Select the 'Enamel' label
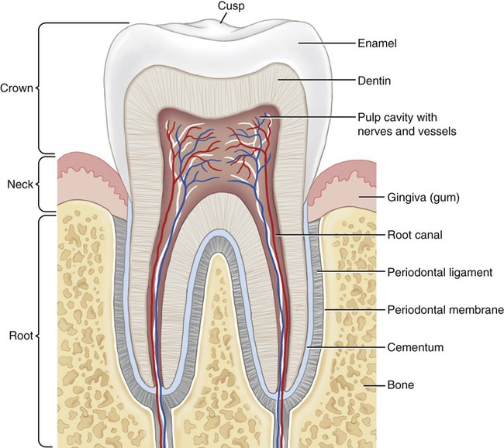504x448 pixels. (x=377, y=44)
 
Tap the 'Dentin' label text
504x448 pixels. (x=375, y=80)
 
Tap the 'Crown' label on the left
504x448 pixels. (x=17, y=88)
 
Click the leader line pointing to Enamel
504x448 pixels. (x=326, y=44)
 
